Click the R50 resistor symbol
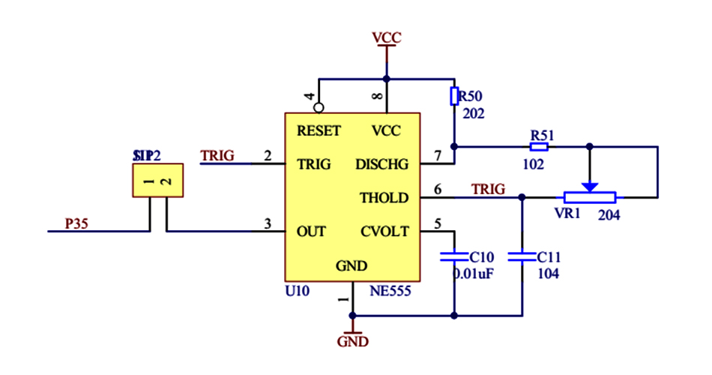[x=454, y=96]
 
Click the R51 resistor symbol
[x=539, y=147]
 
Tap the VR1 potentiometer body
[x=590, y=197]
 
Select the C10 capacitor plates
[x=454, y=256]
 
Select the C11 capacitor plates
[x=522, y=256]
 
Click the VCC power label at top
[x=387, y=37]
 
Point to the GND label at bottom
[x=352, y=342]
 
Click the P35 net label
[x=75, y=223]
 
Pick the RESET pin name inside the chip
[x=319, y=130]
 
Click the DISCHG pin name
[x=382, y=164]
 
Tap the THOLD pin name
[x=384, y=198]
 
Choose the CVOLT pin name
[x=384, y=232]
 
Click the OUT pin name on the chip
[x=311, y=232]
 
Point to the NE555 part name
[x=390, y=291]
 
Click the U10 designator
[x=298, y=291]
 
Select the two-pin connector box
[x=158, y=181]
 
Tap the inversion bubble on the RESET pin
[x=319, y=107]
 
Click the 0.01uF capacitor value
[x=473, y=274]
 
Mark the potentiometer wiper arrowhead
[x=590, y=186]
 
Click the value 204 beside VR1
[x=610, y=215]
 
